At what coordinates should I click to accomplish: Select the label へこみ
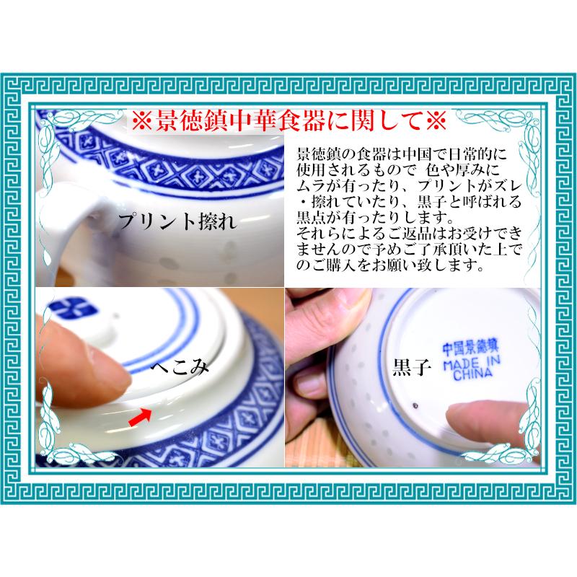(x=180, y=368)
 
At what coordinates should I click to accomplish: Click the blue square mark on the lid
(x=74, y=310)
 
